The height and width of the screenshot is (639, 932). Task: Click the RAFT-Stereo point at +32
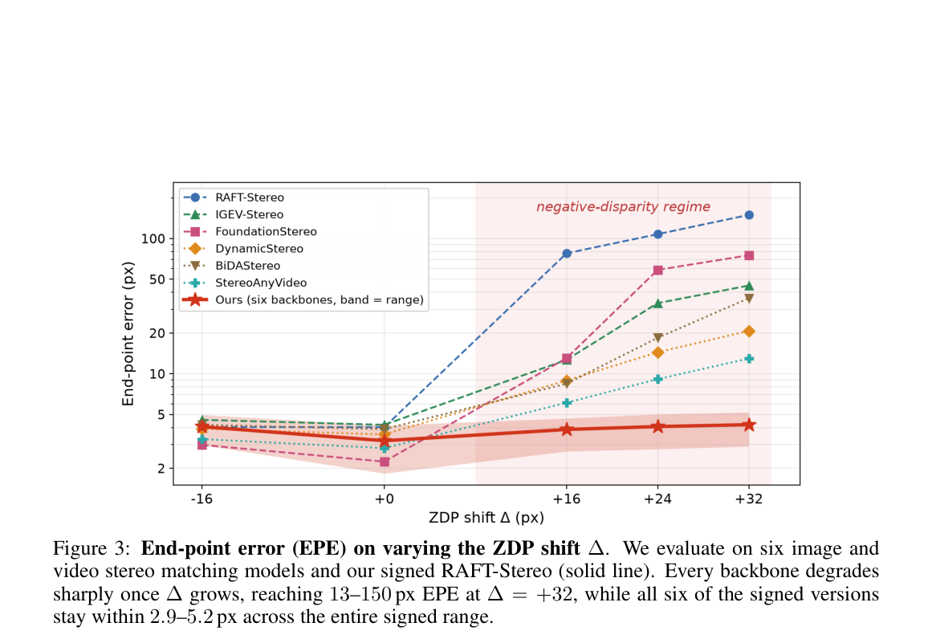click(x=749, y=215)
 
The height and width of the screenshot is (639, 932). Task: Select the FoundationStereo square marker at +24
click(x=658, y=271)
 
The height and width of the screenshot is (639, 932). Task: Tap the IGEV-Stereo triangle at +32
click(x=749, y=286)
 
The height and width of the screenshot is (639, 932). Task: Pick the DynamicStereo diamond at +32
click(x=749, y=331)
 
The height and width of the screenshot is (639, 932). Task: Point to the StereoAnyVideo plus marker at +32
click(x=749, y=359)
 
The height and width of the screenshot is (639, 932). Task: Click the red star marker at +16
click(x=567, y=429)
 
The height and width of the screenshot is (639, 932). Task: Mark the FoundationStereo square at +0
click(x=385, y=462)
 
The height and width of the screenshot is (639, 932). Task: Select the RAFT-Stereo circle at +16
click(x=567, y=253)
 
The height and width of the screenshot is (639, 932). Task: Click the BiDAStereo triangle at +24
click(x=658, y=338)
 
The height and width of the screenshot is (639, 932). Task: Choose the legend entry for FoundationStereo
click(x=250, y=232)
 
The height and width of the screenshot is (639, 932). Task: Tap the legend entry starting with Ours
click(x=303, y=300)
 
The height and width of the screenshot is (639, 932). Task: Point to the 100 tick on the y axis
click(x=153, y=239)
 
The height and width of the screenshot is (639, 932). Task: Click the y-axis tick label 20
click(x=157, y=333)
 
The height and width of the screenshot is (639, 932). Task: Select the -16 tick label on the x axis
click(x=201, y=499)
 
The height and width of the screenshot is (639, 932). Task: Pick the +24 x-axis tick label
click(x=657, y=499)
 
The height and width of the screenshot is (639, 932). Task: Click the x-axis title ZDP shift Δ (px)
click(x=486, y=518)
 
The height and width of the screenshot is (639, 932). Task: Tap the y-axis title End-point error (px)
click(x=128, y=334)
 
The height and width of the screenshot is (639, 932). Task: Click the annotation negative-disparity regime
click(x=624, y=207)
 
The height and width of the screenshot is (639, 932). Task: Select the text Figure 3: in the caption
click(x=92, y=548)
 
